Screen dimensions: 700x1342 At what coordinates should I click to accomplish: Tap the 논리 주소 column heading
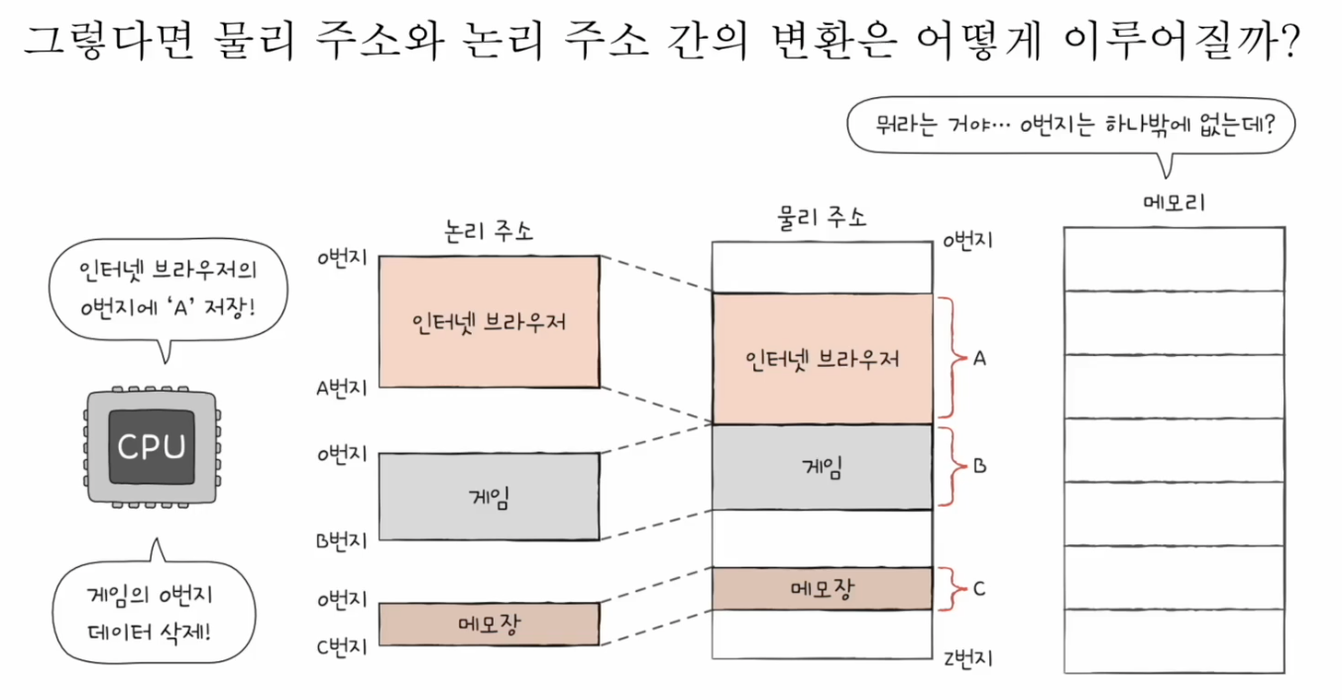[488, 230]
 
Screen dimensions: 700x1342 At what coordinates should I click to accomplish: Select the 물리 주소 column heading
[822, 216]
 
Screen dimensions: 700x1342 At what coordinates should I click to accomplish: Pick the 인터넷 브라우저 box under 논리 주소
[490, 321]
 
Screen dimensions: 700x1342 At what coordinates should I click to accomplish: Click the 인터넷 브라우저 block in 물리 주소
[822, 359]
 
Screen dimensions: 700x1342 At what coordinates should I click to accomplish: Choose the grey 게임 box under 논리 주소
[490, 496]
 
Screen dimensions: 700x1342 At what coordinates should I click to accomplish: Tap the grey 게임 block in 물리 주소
[822, 467]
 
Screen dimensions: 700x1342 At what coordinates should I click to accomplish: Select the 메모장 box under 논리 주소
[490, 624]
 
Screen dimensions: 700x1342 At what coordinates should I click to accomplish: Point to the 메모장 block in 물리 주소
[822, 589]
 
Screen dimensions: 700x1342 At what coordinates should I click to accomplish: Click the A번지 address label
[342, 388]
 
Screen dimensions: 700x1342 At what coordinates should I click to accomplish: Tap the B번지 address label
[342, 540]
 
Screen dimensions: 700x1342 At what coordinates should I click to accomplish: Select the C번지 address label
[342, 646]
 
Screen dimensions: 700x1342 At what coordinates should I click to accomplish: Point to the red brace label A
[979, 359]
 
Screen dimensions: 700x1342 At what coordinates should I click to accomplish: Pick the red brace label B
[979, 466]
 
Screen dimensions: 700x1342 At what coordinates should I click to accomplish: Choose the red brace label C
[979, 589]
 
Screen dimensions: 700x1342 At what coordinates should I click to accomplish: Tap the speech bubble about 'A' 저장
[168, 289]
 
